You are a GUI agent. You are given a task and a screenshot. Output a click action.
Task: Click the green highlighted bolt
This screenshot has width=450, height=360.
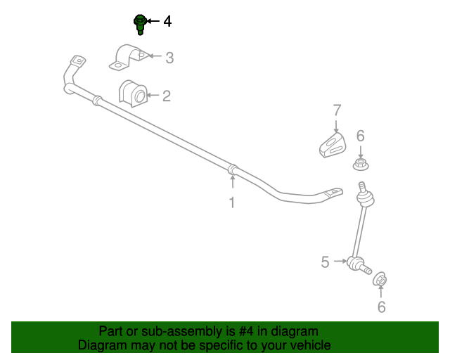(x=140, y=25)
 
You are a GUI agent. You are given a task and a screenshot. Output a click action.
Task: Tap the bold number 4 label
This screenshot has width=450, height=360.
(x=167, y=22)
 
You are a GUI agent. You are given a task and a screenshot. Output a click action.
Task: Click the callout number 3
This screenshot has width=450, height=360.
(x=169, y=58)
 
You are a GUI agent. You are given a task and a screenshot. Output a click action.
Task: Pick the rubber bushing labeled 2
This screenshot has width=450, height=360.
(x=133, y=94)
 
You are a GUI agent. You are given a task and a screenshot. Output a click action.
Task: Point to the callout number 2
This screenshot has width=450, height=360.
(x=167, y=96)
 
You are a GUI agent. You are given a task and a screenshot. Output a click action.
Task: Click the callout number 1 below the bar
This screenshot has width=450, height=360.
(x=232, y=202)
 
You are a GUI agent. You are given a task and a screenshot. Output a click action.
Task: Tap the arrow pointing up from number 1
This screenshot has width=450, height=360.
(x=233, y=181)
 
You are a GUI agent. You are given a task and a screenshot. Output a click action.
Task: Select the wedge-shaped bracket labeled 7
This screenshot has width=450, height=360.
(x=333, y=145)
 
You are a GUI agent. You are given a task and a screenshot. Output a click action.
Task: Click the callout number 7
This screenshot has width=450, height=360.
(x=337, y=110)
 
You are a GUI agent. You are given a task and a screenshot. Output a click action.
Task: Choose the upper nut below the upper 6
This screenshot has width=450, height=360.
(x=361, y=165)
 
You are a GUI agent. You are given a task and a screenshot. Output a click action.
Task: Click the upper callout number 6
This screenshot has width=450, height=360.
(x=361, y=136)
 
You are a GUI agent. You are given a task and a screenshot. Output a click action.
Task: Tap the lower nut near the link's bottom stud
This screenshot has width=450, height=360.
(x=380, y=278)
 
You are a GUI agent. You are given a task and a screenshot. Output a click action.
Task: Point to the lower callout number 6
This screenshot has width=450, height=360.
(x=381, y=307)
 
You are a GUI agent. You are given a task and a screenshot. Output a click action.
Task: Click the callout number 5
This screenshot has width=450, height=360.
(x=325, y=262)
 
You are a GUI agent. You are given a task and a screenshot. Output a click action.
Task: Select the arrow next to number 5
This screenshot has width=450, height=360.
(x=340, y=261)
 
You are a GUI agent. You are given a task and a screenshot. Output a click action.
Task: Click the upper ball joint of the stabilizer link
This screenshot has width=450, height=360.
(x=365, y=198)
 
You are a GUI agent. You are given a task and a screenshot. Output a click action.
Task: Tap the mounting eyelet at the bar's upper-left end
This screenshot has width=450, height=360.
(x=78, y=61)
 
